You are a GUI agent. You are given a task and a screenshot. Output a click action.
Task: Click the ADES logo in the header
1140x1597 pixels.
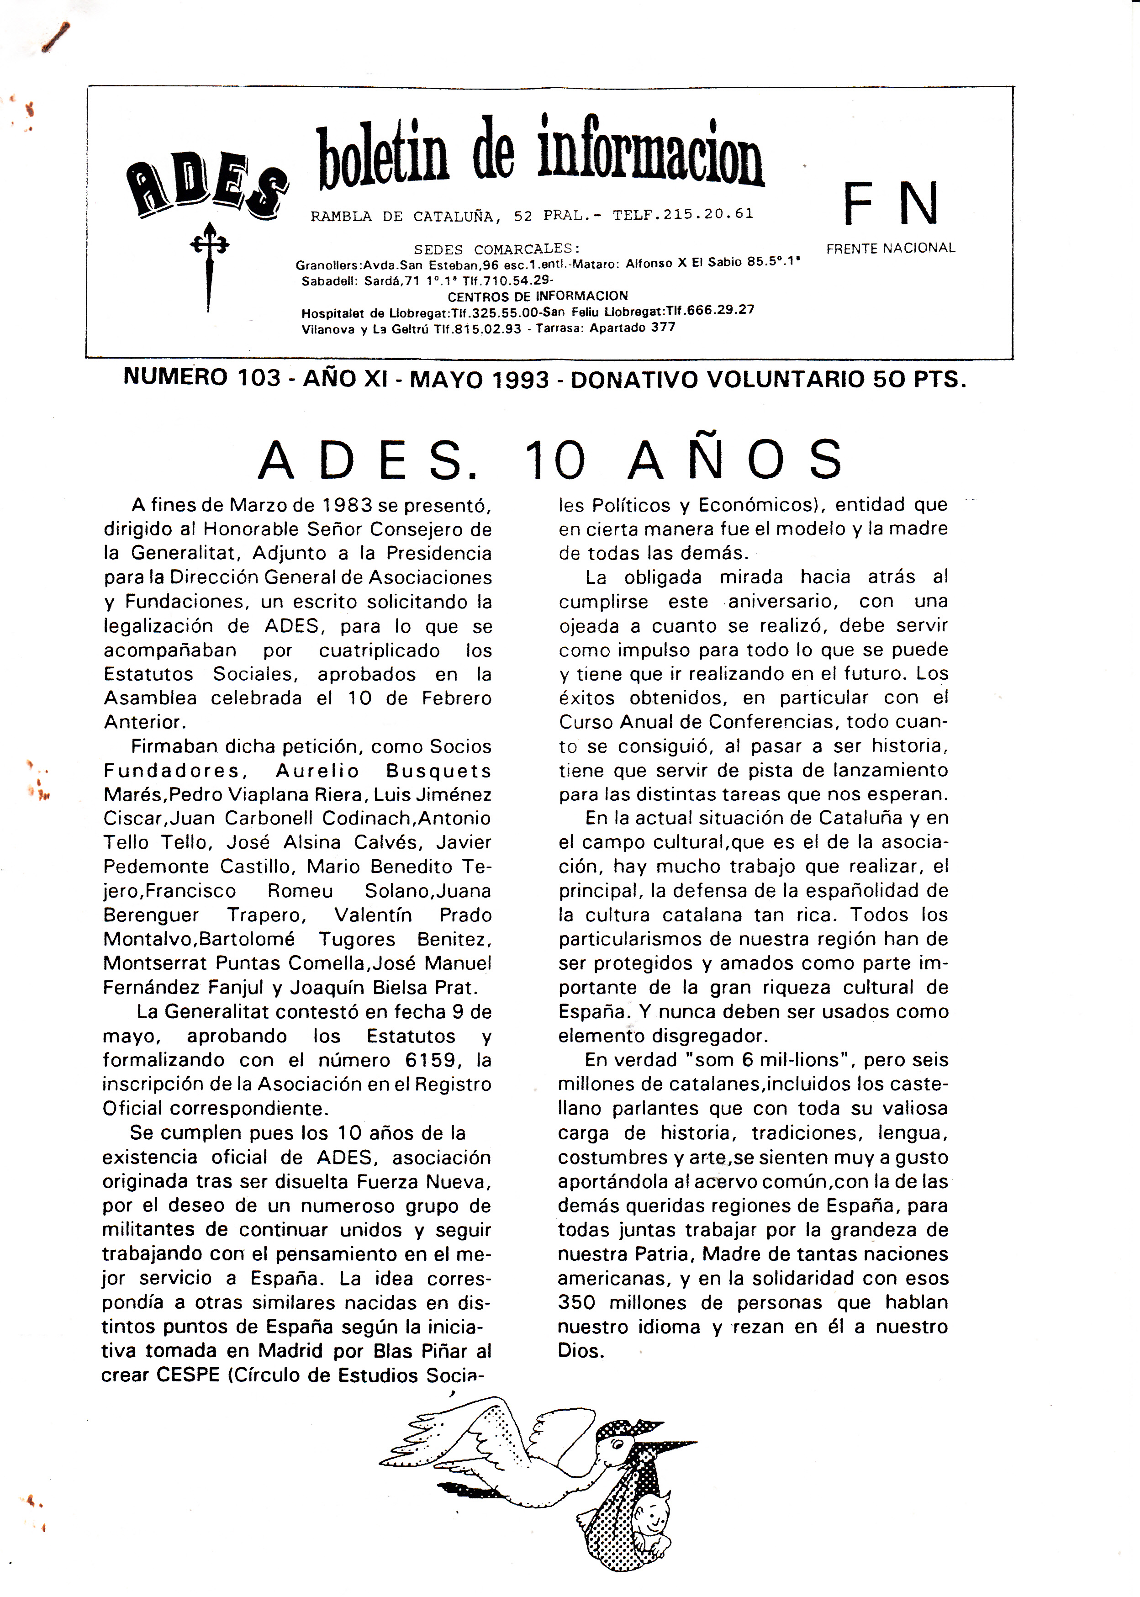pos(207,185)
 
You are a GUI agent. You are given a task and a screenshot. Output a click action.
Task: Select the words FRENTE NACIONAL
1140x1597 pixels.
pos(890,248)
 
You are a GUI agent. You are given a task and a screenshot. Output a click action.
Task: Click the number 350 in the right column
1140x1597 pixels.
pos(576,1302)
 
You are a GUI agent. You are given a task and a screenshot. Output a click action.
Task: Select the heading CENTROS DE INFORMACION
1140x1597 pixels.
pos(538,296)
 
